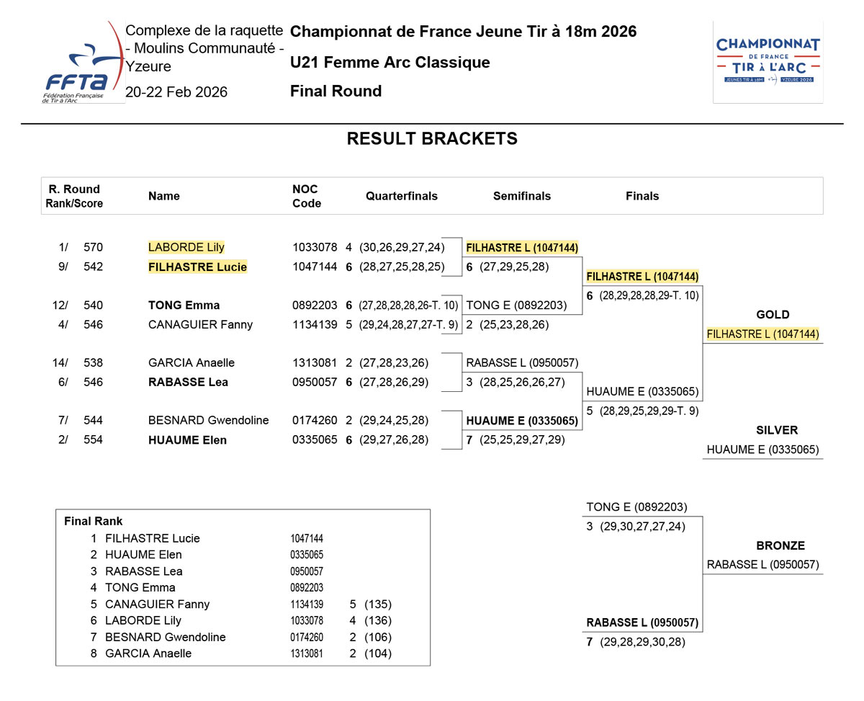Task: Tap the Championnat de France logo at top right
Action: pyautogui.click(x=768, y=62)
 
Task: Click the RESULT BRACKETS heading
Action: pyautogui.click(x=432, y=139)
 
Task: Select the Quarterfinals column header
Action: pyautogui.click(x=402, y=196)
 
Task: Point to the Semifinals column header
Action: pyautogui.click(x=522, y=196)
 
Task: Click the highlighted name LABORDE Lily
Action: pyautogui.click(x=186, y=247)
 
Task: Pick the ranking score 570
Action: pyautogui.click(x=93, y=247)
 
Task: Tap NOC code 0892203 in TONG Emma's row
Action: pyautogui.click(x=315, y=305)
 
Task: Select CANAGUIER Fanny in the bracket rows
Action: pyautogui.click(x=200, y=325)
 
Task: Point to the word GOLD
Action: pyautogui.click(x=773, y=315)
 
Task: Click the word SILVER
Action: pyautogui.click(x=777, y=431)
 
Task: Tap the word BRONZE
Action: pyautogui.click(x=780, y=546)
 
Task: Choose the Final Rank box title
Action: pyautogui.click(x=94, y=522)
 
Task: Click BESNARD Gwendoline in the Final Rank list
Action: pyautogui.click(x=165, y=637)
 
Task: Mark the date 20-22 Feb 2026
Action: pyautogui.click(x=176, y=92)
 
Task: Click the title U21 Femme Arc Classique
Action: pyautogui.click(x=390, y=63)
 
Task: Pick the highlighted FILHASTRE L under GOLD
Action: pyautogui.click(x=762, y=334)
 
